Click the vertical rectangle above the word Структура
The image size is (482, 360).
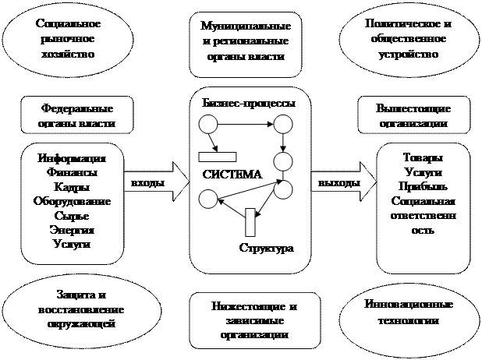[250, 222]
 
